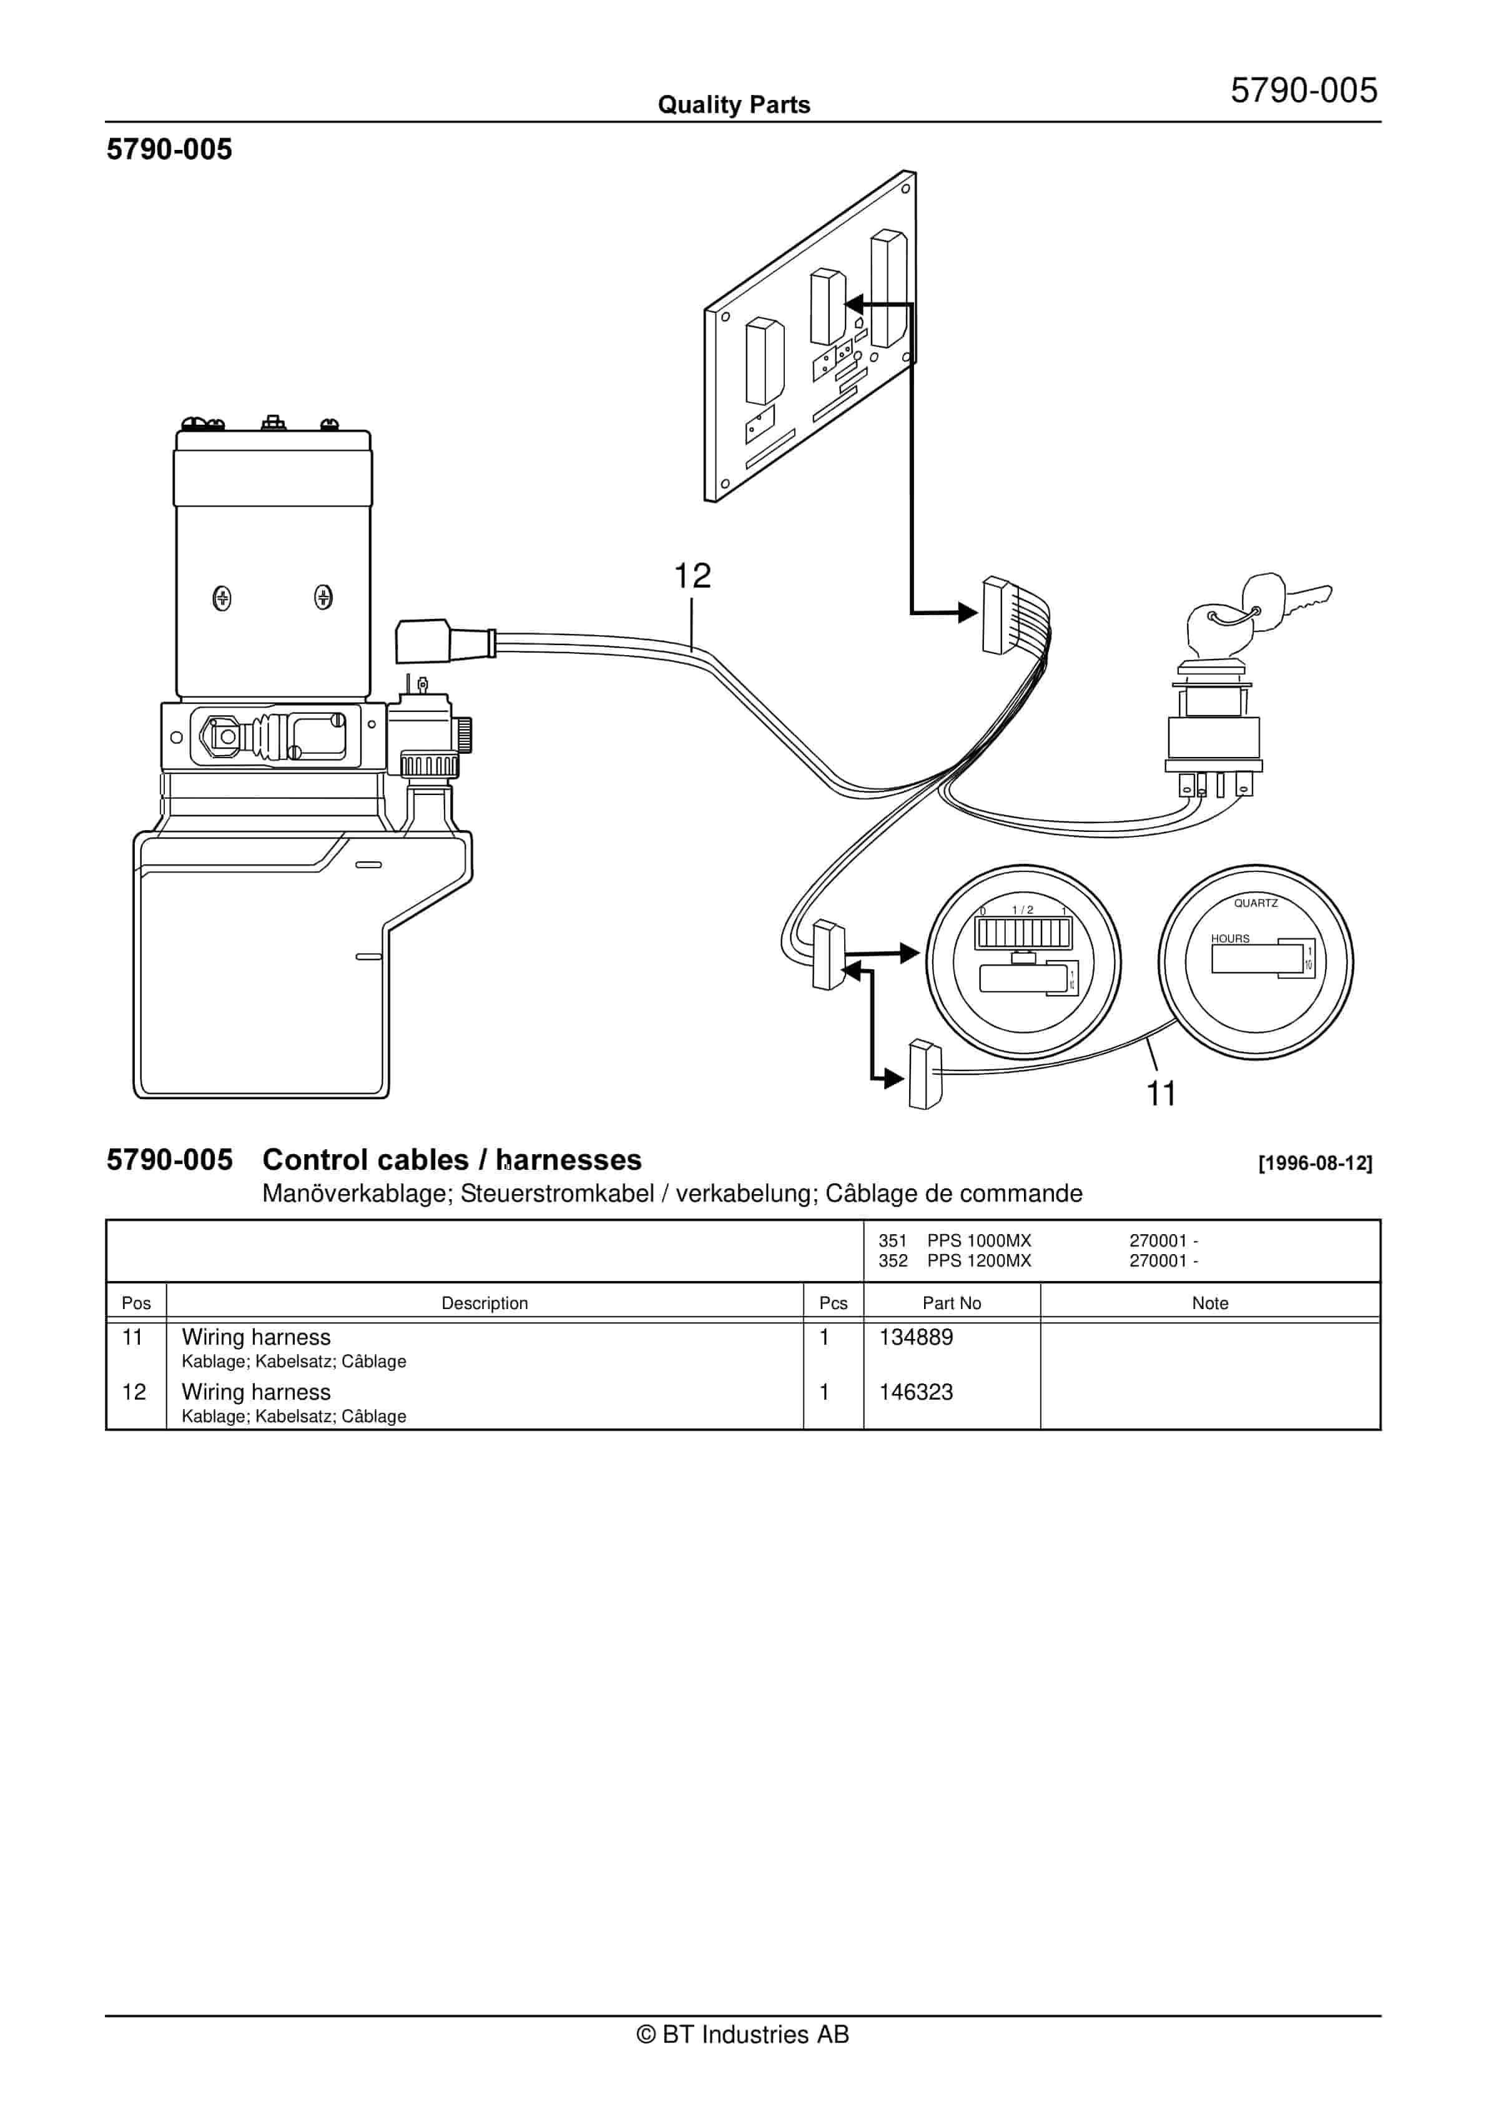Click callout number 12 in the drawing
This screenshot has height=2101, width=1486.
692,576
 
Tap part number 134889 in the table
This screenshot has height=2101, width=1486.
915,1337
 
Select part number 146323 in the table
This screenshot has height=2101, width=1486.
915,1392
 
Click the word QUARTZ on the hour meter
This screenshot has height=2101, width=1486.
1256,903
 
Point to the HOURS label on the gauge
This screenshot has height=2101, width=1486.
1230,938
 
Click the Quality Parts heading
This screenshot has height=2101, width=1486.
734,104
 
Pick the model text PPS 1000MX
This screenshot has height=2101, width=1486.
978,1241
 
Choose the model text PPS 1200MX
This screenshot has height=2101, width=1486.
978,1261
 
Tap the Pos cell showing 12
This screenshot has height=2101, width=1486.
134,1392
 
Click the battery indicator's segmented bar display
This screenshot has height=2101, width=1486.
1023,933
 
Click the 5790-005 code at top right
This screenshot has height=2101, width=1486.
1303,91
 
